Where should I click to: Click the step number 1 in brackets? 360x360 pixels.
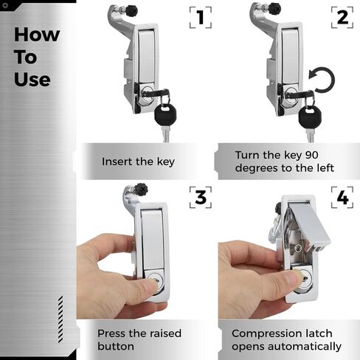[x=200, y=18]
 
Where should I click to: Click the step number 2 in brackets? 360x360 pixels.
[x=342, y=18]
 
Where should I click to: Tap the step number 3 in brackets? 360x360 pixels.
[x=200, y=197]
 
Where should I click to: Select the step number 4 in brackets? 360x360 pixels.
[x=342, y=197]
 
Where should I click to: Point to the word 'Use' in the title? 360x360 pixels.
[x=32, y=78]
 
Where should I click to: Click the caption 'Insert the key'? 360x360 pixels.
[x=138, y=162]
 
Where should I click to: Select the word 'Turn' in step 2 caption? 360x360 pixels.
[x=249, y=155]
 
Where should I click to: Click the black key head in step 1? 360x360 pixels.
[x=165, y=115]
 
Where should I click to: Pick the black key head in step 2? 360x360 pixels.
[x=308, y=115]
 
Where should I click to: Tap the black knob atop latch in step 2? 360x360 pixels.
[x=274, y=10]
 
